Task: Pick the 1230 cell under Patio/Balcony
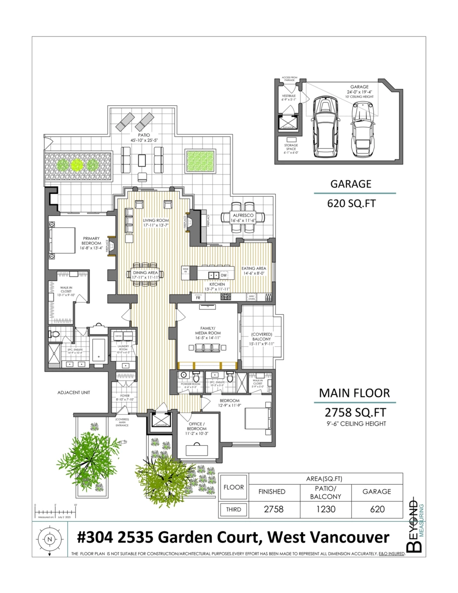coord(326,509)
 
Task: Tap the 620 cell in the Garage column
coord(377,509)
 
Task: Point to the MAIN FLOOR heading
coord(354,393)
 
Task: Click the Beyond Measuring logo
coord(416,524)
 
